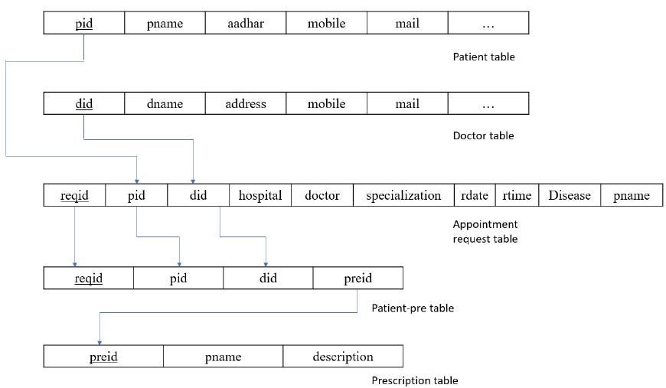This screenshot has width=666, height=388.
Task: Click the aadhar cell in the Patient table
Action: [246, 23]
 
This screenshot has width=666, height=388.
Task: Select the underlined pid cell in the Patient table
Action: [84, 23]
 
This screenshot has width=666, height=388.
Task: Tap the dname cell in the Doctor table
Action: [165, 103]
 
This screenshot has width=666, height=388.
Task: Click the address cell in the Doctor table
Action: [246, 103]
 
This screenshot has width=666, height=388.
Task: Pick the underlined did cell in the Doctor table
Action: [84, 103]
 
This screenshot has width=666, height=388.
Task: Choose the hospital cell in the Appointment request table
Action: [260, 195]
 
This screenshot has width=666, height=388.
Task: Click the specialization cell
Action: [403, 195]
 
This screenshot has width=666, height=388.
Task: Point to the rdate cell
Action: [475, 195]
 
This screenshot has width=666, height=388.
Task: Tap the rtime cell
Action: [517, 195]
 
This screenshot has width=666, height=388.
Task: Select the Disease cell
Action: [570, 195]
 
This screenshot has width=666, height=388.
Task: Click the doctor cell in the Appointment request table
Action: [322, 195]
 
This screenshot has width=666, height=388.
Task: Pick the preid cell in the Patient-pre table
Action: [358, 278]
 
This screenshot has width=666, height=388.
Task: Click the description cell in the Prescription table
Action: [343, 357]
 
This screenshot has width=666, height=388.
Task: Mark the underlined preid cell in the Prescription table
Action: [103, 357]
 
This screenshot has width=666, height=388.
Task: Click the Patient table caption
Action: [484, 57]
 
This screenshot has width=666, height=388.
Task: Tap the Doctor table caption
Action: [483, 136]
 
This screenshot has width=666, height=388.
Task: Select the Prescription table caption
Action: [415, 380]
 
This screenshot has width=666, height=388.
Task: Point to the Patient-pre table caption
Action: [413, 308]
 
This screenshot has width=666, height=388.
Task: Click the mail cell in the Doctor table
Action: [407, 103]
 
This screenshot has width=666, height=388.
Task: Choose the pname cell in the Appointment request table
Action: [632, 195]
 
